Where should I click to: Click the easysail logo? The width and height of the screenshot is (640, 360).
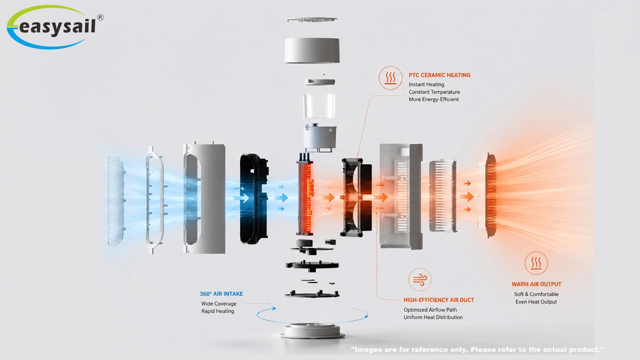coord(54,27)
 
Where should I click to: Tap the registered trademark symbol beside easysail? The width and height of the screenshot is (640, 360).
coord(100,17)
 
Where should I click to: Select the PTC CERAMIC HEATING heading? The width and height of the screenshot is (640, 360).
coord(439,75)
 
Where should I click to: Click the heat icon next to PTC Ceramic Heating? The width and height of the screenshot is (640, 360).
coord(390,78)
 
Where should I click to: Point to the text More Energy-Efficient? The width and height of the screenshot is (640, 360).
coord(433,99)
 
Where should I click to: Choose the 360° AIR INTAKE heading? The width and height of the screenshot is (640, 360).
coord(221,293)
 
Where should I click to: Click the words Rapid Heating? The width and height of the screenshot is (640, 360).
coord(217,311)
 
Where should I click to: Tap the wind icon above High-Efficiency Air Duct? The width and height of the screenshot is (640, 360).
coord(419,279)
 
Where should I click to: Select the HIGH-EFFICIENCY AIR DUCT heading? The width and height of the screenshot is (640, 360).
coord(438,300)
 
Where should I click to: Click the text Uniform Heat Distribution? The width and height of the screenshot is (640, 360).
coord(433,317)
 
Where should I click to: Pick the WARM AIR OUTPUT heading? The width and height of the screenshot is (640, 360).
coord(536,284)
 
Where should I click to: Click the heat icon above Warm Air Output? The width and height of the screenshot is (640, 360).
coord(536,263)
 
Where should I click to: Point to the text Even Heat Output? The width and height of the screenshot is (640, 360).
coord(536,301)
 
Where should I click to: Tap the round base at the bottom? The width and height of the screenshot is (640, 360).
coord(312,331)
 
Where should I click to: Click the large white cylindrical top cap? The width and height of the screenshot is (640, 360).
coord(312,50)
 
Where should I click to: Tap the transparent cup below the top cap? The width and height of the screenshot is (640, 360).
coord(319,105)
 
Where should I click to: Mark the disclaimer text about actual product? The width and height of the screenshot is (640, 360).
coord(477,349)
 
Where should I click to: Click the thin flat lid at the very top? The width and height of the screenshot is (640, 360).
coord(312,19)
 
